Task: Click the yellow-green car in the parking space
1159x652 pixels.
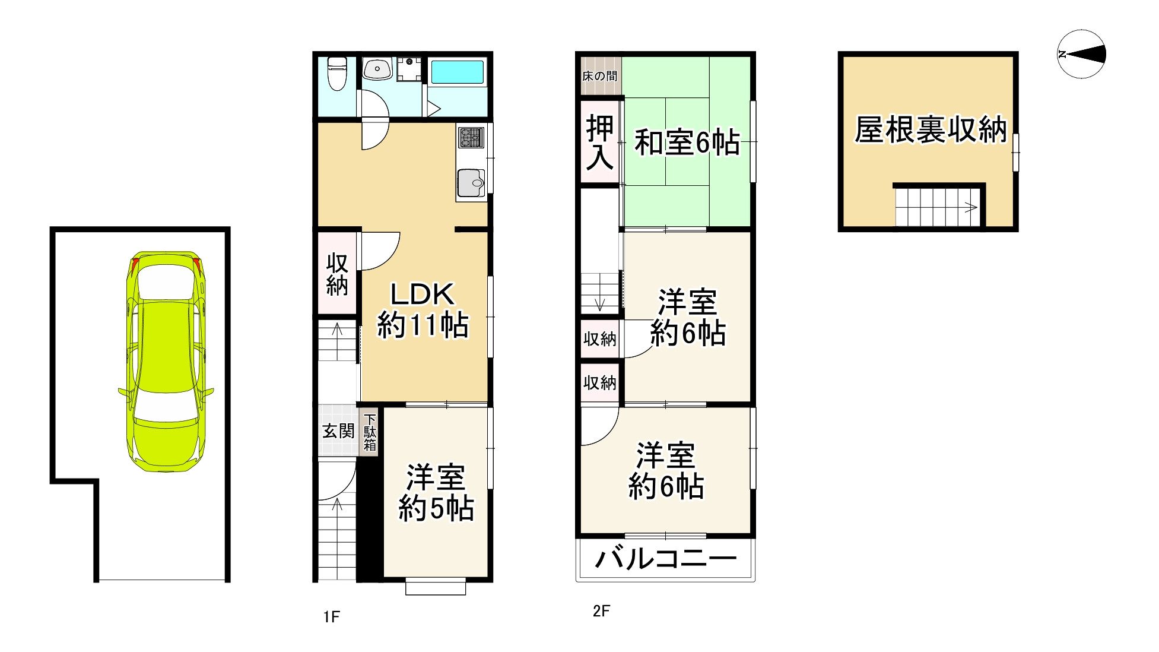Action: (x=166, y=362)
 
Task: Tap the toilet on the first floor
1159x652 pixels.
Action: (x=337, y=74)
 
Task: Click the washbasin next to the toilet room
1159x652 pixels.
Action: (x=376, y=69)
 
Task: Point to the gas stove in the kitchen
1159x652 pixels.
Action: (x=471, y=138)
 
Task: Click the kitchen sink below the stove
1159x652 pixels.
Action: (x=470, y=183)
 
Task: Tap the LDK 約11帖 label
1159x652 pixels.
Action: (x=423, y=310)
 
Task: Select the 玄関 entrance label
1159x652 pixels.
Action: (x=338, y=431)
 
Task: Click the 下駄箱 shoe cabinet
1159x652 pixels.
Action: (x=370, y=432)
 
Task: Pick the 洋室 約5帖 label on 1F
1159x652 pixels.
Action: (x=436, y=493)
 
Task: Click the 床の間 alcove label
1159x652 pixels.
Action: (x=599, y=76)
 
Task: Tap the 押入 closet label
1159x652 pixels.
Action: (x=599, y=143)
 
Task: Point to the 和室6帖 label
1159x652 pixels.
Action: (x=687, y=143)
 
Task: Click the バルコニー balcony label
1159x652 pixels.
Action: (x=665, y=559)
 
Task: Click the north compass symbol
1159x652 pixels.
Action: (x=1081, y=55)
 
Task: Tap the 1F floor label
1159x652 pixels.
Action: (x=331, y=617)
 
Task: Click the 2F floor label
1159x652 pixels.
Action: (x=601, y=611)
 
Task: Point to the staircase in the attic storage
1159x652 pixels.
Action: (x=936, y=207)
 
